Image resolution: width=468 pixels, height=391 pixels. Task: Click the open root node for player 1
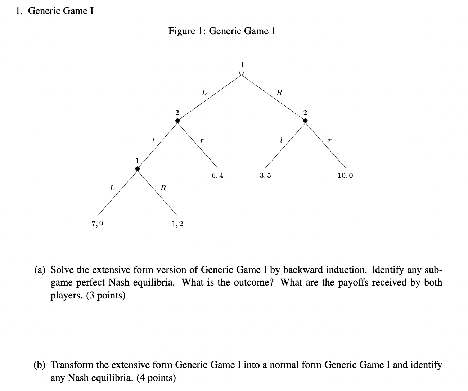pos(242,73)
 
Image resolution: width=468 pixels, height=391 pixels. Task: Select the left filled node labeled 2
pos(177,121)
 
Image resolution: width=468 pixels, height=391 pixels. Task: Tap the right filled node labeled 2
pos(305,121)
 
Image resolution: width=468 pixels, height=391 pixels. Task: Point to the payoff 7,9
pos(97,224)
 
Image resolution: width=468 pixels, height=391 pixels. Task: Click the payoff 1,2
pos(177,224)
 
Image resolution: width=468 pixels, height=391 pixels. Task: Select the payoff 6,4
pos(217,176)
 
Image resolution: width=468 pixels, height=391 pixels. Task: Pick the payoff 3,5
pos(265,176)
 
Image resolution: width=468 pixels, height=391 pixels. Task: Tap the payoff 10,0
pos(345,176)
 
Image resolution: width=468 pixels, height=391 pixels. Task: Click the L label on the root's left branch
pos(204,93)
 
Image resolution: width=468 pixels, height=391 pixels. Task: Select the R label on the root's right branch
pos(279,93)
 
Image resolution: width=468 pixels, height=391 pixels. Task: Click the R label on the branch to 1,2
pos(163,188)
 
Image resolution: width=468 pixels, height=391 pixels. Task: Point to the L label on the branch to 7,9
pos(112,188)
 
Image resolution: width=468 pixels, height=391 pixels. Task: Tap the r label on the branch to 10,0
pos(329,140)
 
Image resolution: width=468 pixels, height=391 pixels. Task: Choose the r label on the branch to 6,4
pos(202,140)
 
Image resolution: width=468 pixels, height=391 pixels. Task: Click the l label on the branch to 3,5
pos(281,140)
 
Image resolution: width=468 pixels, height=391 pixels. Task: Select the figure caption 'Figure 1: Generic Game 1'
pos(222,31)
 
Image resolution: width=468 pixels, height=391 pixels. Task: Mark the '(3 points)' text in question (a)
pos(106,296)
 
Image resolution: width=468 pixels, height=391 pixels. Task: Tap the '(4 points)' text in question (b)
pos(156,378)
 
